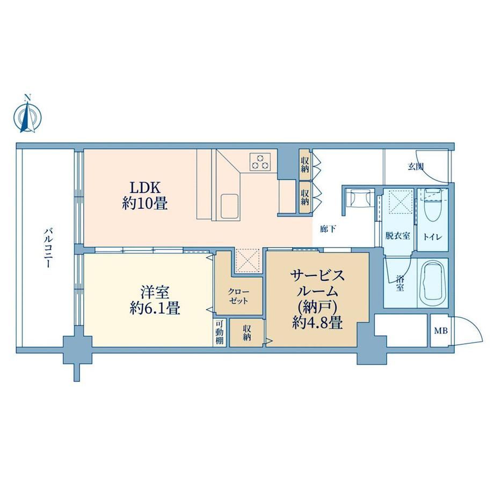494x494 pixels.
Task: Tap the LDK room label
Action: point(145,196)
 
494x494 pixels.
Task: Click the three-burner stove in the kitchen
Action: point(260,162)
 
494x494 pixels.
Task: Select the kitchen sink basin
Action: point(229,206)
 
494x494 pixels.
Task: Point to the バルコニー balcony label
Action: point(48,248)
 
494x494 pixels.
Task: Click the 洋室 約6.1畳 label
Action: point(155,301)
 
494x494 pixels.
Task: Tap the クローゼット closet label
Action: point(238,296)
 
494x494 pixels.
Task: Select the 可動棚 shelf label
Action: point(219,333)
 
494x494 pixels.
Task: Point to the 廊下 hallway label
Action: point(328,229)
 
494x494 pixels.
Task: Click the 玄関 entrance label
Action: point(416,166)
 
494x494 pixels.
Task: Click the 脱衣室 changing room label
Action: point(397,235)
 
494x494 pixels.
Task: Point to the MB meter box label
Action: point(441,331)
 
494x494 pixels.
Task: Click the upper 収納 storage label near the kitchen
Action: point(304,164)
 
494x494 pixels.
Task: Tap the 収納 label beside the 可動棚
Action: point(246,333)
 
